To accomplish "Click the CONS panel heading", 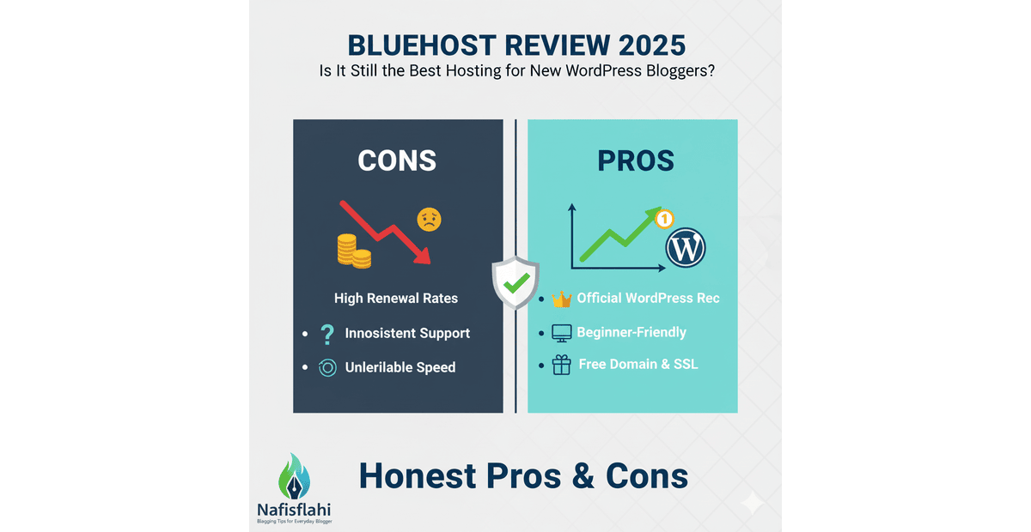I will (397, 160).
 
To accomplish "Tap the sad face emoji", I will (429, 221).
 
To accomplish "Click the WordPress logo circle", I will (686, 248).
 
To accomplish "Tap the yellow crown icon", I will (562, 299).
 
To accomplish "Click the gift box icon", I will (561, 365).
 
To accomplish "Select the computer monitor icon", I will (561, 333).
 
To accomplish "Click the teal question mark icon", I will (326, 333).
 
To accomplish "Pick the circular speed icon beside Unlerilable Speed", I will (326, 368).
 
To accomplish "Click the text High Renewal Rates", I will (396, 299).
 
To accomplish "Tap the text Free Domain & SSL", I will (638, 365).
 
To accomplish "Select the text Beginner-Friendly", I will (631, 332).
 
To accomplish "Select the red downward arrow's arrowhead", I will (423, 255).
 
